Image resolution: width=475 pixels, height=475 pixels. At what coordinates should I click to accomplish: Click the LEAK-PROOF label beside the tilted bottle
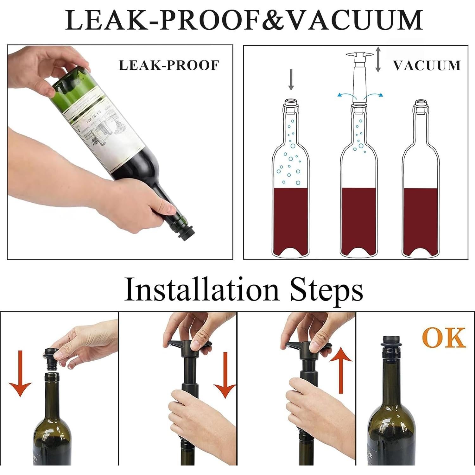click(x=169, y=65)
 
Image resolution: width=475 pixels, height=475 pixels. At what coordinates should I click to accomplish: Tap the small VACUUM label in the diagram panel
click(x=427, y=65)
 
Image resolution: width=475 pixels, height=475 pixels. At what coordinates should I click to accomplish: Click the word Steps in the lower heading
click(x=326, y=290)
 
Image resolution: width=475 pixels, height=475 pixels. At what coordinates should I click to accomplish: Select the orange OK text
click(x=444, y=338)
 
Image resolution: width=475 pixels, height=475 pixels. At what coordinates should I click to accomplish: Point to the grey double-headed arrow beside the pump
click(x=378, y=59)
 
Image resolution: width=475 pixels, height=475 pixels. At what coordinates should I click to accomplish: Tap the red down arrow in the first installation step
click(x=20, y=374)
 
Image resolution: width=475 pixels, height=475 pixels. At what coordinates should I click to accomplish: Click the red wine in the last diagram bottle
click(x=421, y=218)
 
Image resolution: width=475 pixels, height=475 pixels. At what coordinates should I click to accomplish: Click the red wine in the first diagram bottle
click(x=290, y=218)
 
